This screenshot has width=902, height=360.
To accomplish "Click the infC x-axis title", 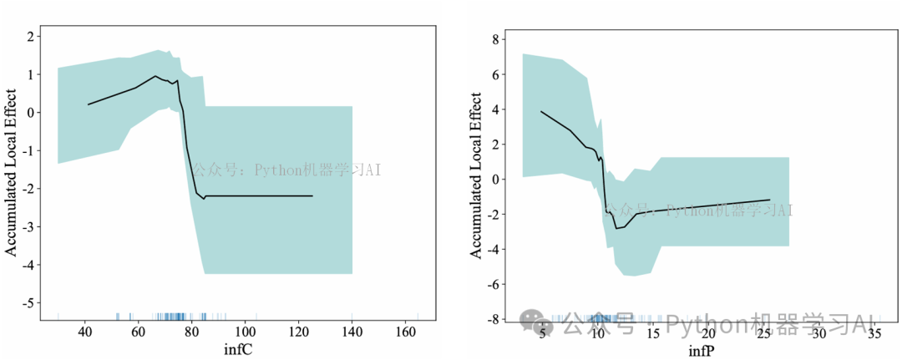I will pos(238,350).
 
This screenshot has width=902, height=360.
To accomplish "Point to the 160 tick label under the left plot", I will pos(406,332).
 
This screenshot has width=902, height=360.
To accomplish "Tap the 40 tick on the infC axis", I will pos(84,332).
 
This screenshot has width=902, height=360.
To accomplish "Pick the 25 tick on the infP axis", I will pos(763,334).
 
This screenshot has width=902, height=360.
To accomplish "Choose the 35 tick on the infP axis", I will pos(874,334).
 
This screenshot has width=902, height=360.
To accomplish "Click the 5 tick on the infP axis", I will pos(542,334).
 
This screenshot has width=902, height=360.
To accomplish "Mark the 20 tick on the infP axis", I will pos(708,334).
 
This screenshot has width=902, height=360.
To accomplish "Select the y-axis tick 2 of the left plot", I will pos(30,36).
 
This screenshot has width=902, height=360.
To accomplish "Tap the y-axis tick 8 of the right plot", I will pos(495,38).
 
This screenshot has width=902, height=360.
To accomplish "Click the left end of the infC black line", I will pos(88,104).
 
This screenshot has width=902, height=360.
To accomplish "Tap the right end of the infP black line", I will pos(769,200).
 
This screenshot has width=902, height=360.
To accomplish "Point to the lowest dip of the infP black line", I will pos(617,228).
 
